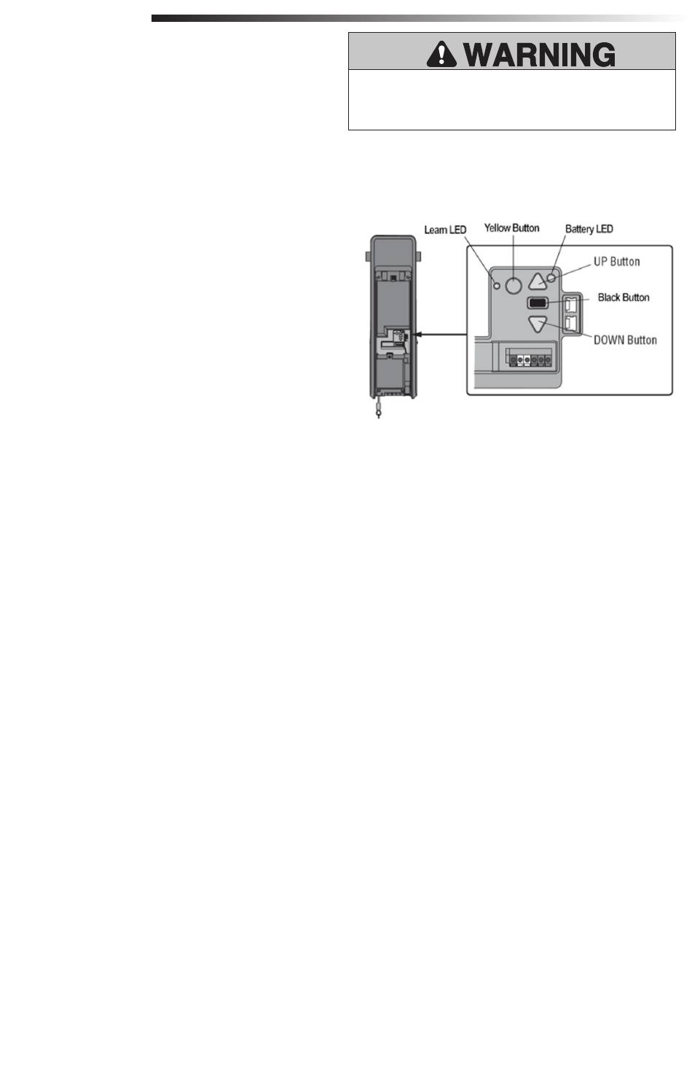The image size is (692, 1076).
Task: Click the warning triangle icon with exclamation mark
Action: tap(441, 52)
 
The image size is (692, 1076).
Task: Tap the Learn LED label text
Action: tap(445, 230)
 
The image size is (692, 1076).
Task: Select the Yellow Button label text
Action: tap(512, 228)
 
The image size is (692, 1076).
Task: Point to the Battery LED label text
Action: tap(589, 229)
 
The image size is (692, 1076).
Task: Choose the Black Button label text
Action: tap(623, 297)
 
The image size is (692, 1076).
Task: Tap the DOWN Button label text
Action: tap(625, 339)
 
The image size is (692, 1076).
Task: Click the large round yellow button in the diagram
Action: tap(514, 285)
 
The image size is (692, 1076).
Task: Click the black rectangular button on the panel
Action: tap(538, 302)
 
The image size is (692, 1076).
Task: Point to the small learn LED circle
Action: tap(498, 285)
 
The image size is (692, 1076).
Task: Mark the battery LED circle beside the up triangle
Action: tap(551, 278)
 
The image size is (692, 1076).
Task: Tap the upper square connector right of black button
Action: tap(571, 304)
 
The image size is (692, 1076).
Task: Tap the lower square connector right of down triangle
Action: tap(571, 322)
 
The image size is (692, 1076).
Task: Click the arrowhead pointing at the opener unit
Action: tap(417, 335)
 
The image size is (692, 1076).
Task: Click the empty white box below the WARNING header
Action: tap(511, 100)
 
